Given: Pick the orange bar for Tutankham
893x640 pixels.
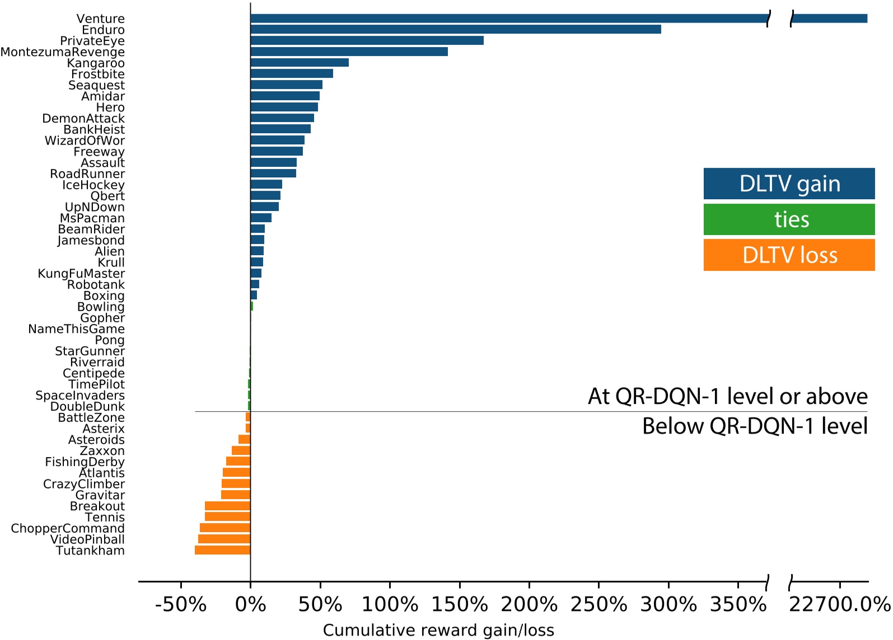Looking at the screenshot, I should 222,550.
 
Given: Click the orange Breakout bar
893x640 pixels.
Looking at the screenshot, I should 227,506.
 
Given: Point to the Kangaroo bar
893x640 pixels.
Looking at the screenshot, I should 300,63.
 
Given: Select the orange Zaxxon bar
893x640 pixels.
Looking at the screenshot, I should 241,450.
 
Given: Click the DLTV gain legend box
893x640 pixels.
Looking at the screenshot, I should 789,183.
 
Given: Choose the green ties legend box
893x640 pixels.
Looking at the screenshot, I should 789,219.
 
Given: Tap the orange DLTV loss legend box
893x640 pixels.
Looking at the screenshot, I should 789,255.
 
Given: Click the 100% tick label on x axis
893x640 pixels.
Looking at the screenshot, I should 390,605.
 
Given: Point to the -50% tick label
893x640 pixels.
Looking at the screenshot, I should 180,605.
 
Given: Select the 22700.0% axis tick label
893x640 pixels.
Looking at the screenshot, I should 839,605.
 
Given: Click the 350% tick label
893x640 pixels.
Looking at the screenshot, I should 738,605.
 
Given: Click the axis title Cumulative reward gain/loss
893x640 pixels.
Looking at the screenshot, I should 438,630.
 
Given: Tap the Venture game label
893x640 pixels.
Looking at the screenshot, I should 101,18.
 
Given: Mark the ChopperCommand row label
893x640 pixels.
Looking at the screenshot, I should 68,528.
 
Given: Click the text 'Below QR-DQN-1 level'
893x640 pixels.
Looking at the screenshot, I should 754,426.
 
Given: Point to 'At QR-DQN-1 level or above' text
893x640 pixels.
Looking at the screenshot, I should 727,396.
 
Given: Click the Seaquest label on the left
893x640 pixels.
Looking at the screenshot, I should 96,85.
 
